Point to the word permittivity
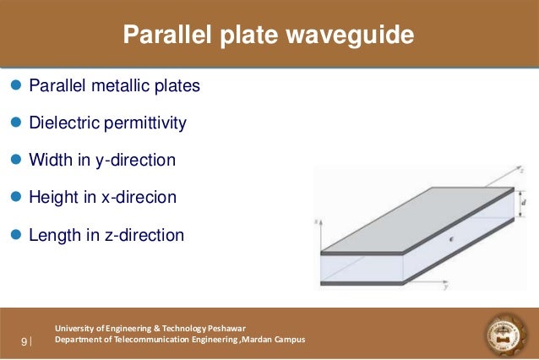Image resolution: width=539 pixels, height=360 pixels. coord(144,123)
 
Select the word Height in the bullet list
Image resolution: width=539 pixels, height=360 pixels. coord(53,197)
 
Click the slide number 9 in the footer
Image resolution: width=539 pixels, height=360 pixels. coord(24,341)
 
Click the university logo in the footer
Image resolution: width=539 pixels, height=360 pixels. coord(506,335)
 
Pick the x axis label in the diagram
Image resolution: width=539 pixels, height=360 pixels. coord(315,221)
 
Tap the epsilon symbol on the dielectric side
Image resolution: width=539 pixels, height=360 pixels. coord(451,240)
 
